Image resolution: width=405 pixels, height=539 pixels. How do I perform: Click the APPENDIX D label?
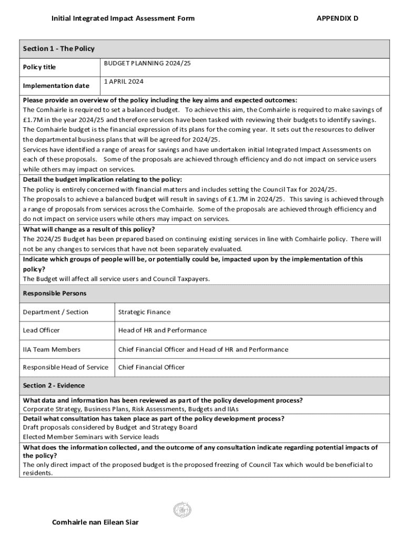coord(337,18)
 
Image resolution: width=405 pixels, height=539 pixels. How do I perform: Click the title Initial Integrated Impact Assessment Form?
coord(123,18)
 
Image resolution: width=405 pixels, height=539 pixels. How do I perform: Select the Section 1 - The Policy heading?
coord(59,49)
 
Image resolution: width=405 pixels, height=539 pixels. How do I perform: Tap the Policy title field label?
coord(39,67)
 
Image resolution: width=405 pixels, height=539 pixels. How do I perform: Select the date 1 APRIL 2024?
coord(124,82)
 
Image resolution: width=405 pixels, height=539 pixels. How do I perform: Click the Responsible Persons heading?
coord(55,293)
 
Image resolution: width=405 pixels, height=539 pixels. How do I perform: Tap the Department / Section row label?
coord(56,312)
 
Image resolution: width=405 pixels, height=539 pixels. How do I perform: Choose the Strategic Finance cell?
coord(144,312)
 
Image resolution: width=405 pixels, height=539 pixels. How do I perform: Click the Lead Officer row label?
coord(41,331)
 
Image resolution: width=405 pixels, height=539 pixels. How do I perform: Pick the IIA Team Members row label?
coord(52,350)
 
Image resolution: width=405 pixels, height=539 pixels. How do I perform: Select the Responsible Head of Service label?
coord(65,367)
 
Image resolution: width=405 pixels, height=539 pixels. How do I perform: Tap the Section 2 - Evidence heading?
coord(54,386)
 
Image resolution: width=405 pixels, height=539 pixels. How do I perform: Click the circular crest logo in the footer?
coord(182,510)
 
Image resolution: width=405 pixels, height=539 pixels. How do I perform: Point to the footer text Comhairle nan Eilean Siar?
coord(95,523)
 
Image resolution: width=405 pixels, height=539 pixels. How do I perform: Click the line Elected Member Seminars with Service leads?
coord(91,437)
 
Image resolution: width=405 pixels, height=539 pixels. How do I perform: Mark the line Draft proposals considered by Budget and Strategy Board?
coord(110,427)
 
